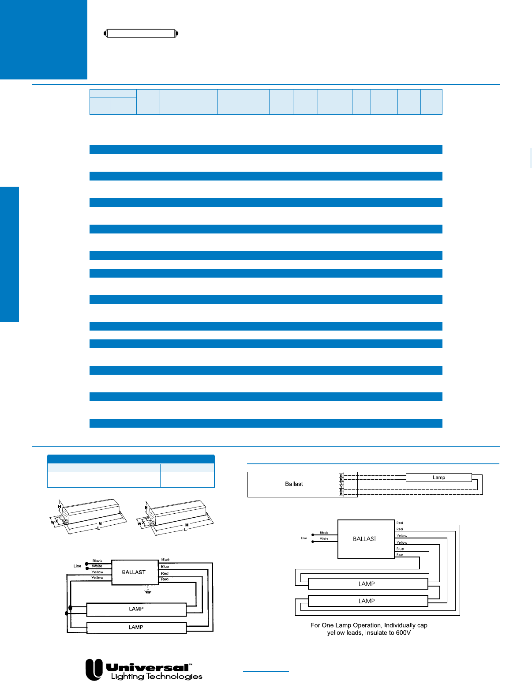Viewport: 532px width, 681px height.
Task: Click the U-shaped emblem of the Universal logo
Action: pos(94,669)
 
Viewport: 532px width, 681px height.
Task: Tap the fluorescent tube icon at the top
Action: pos(141,34)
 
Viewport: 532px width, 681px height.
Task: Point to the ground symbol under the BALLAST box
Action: pos(148,591)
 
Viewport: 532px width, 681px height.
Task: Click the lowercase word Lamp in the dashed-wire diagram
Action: pos(438,478)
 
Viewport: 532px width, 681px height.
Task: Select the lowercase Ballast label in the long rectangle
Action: pos(294,484)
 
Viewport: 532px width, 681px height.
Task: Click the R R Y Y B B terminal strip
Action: pos(341,485)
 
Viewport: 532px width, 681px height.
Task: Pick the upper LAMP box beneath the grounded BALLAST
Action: pos(136,609)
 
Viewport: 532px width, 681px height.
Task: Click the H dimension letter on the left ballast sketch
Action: pos(60,507)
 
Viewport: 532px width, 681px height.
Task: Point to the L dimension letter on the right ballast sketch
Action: pos(185,530)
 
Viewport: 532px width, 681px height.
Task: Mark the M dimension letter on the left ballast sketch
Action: pos(100,524)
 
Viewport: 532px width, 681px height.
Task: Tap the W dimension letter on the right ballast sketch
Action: pos(139,523)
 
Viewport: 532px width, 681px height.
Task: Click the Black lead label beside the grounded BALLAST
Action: pos(97,561)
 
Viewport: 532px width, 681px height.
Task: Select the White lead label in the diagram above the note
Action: pos(324,539)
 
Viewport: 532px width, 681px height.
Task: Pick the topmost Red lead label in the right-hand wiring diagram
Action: pos(400,523)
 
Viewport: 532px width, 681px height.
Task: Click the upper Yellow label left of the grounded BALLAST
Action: pos(97,572)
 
